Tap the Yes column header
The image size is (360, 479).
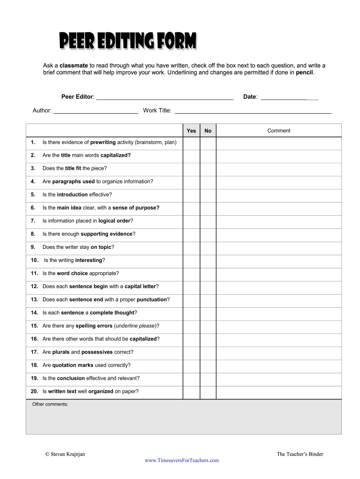[191, 131]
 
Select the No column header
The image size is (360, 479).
[208, 131]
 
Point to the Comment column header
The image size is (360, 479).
[279, 131]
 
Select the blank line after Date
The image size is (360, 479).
[289, 97]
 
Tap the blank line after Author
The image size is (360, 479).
[96, 111]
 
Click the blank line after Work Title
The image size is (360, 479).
[252, 111]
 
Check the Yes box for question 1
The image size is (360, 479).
[191, 142]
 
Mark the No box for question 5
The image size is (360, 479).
[208, 195]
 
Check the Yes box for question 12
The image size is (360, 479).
[191, 286]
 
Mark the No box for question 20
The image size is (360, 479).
[208, 391]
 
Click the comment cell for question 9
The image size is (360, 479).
[279, 247]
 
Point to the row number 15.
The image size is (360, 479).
[35, 326]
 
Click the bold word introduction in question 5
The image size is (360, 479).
[72, 195]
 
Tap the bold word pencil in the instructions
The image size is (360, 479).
[305, 73]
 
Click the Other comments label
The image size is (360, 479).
[50, 404]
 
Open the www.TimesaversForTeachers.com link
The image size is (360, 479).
[182, 460]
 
